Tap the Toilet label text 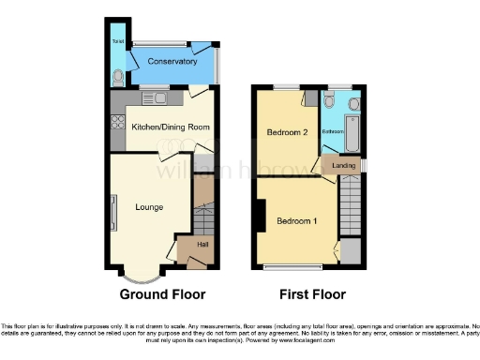point(117,42)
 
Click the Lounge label point(149,207)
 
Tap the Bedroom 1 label point(296,221)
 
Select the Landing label point(343,166)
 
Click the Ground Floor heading point(162,293)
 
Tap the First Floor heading point(307,293)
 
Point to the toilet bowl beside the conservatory point(117,77)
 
